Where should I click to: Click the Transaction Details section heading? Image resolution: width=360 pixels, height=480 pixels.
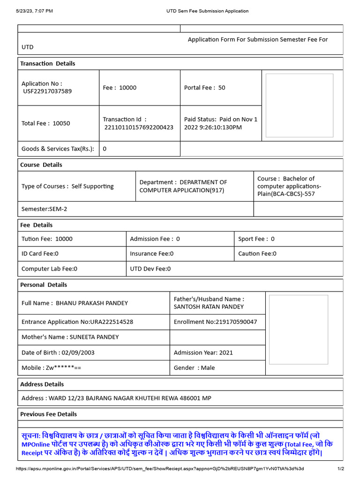point(47,64)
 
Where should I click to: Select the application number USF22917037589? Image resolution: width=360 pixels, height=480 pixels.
point(47,91)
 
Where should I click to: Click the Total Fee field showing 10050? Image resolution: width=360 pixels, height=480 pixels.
point(46,123)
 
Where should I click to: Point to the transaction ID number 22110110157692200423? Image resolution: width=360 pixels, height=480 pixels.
point(139,127)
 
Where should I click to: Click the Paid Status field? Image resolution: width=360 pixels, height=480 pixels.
point(220,123)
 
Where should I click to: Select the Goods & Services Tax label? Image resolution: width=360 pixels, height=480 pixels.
point(58,149)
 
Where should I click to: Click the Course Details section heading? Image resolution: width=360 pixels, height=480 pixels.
point(41,165)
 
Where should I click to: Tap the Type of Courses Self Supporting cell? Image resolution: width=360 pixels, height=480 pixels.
point(67,186)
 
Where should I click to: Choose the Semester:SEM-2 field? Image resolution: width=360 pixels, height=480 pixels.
point(45,209)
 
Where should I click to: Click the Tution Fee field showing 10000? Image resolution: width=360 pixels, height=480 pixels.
point(47,239)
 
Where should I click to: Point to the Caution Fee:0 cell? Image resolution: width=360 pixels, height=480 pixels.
point(257,254)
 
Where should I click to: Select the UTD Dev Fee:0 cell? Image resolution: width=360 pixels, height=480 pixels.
point(150,269)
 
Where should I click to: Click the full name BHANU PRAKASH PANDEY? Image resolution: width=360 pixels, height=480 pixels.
point(91,303)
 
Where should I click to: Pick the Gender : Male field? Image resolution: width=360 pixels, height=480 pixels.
point(194,368)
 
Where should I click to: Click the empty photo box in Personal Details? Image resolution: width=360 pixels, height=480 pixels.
point(297,330)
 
